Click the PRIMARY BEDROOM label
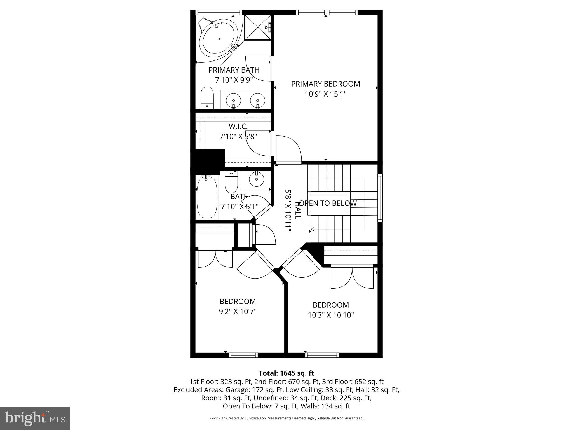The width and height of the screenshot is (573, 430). click(325, 84)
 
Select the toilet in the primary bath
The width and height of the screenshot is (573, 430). click(207, 98)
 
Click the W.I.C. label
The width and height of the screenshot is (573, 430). click(238, 127)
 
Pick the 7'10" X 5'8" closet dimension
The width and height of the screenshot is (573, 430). click(238, 137)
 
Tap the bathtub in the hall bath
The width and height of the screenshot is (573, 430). click(207, 197)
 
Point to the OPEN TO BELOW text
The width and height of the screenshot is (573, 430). click(328, 203)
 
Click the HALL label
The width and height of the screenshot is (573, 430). click(298, 210)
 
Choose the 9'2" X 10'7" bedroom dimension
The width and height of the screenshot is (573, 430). click(238, 311)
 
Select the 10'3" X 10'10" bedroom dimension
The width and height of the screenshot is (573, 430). click(331, 315)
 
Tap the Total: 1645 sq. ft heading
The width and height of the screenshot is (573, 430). click(286, 373)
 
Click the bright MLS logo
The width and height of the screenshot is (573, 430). click(35, 418)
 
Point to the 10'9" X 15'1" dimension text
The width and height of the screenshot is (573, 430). click(325, 94)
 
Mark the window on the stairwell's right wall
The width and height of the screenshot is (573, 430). click(380, 198)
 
